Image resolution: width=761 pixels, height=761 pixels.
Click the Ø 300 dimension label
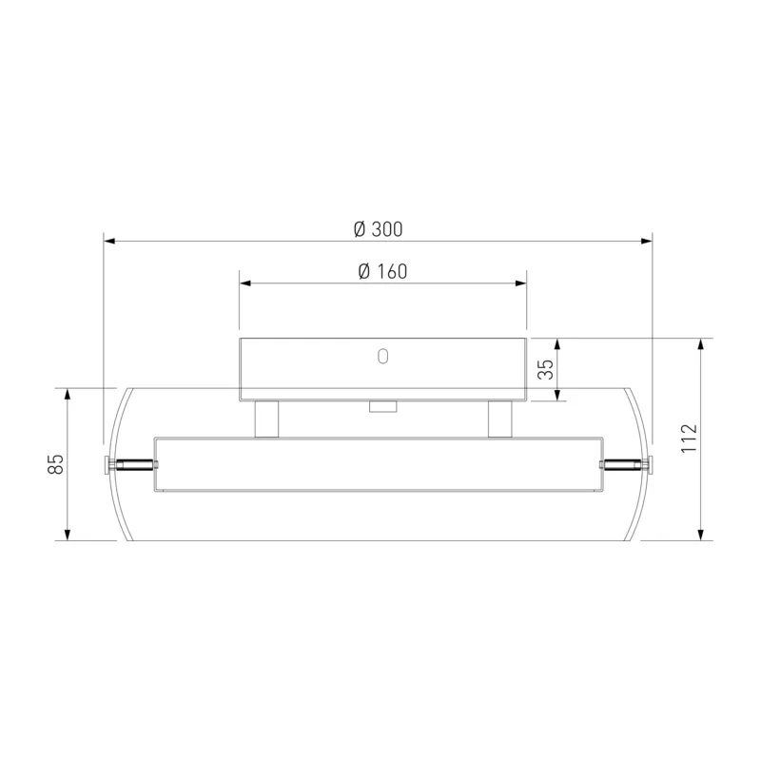coord(378,229)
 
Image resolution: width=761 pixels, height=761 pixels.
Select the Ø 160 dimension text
coord(382,271)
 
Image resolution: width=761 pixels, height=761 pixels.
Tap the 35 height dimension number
coord(546,369)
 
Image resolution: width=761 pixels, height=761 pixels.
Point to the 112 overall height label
coord(689,439)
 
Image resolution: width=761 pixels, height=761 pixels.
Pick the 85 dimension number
coord(56,464)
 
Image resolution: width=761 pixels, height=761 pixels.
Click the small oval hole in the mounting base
coord(383,356)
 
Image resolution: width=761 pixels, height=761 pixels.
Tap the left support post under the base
coord(266,419)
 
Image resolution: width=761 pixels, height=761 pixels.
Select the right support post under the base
coord(500,419)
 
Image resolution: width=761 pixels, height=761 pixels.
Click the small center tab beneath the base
coord(383,407)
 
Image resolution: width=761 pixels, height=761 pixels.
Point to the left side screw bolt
coord(131,464)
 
